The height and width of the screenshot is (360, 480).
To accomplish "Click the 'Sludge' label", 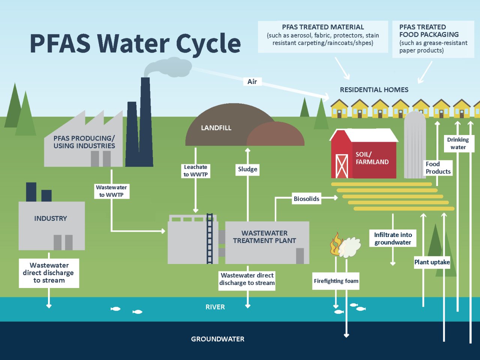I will click(x=247, y=169).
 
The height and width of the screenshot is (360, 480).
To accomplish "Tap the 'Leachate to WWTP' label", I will click(x=195, y=171).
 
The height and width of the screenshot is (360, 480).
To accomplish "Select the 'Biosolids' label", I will click(x=306, y=199).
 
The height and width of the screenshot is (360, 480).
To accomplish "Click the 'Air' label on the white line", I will click(x=252, y=82).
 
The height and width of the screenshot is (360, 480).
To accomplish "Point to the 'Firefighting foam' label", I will click(x=336, y=281).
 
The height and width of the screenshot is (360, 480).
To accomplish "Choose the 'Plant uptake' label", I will click(x=432, y=262).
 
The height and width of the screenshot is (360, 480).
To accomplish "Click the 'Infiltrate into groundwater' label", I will click(x=393, y=238).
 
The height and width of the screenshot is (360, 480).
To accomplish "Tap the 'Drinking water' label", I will click(x=458, y=143).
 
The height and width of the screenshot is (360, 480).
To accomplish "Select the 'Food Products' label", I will click(x=438, y=168).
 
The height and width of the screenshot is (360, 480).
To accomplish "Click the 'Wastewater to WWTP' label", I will click(x=111, y=191).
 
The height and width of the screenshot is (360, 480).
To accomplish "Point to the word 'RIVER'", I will click(x=215, y=307).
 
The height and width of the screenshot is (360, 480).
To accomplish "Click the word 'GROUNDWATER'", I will click(x=217, y=339).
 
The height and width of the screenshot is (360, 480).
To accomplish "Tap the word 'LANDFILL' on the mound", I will click(x=216, y=128).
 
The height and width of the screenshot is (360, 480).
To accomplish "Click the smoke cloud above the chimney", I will click(x=165, y=66).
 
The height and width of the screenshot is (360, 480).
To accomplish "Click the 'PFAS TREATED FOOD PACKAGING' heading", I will click(x=429, y=31).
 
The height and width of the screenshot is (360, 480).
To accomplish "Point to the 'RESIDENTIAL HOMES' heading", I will click(x=374, y=90).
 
